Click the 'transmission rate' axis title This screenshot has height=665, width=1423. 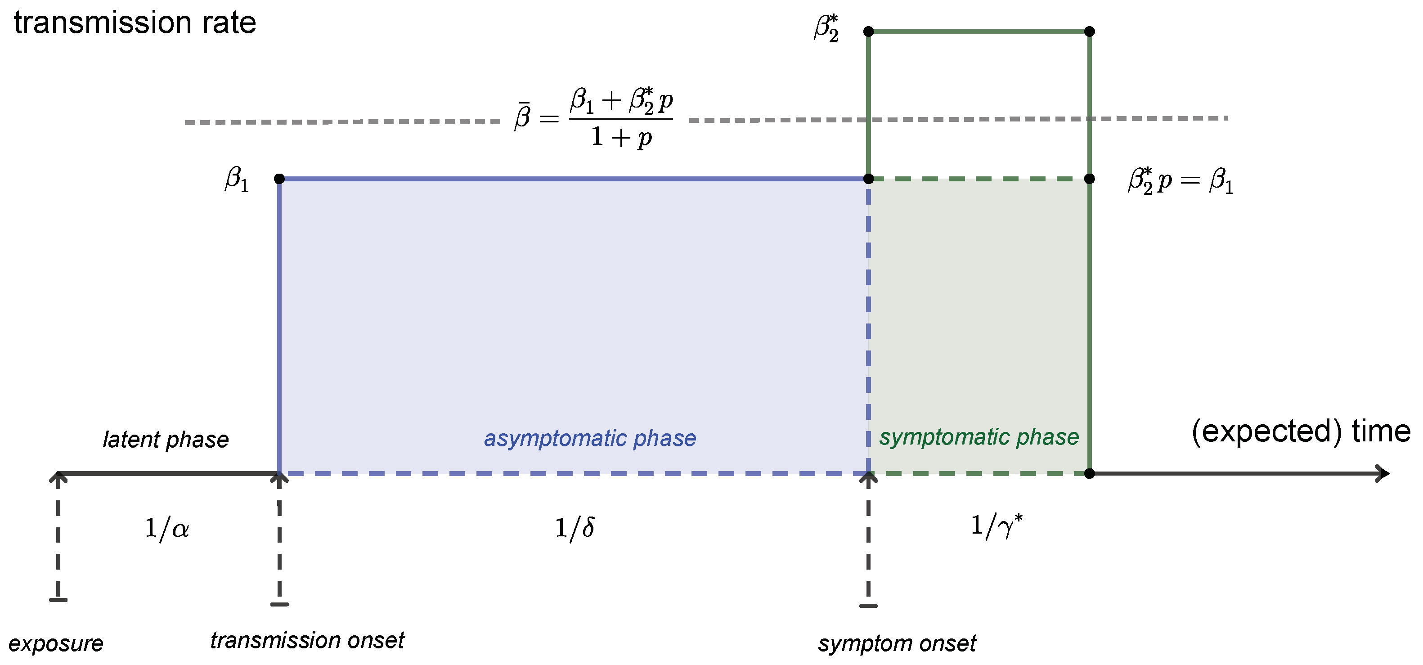pyautogui.click(x=135, y=23)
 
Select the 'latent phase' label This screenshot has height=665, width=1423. pyautogui.click(x=166, y=440)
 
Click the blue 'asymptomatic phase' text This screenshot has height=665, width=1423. pyautogui.click(x=589, y=439)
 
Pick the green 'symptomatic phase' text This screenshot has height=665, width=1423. pyautogui.click(x=979, y=437)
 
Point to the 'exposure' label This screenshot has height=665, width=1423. pyautogui.click(x=56, y=644)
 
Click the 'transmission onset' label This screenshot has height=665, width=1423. pyautogui.click(x=307, y=641)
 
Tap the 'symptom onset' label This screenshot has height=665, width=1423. pyautogui.click(x=897, y=644)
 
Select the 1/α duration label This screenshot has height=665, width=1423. pyautogui.click(x=166, y=529)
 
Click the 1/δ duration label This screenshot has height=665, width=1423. pyautogui.click(x=575, y=529)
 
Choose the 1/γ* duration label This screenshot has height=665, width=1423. pyautogui.click(x=996, y=526)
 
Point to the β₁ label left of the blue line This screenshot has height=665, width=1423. pyautogui.click(x=237, y=180)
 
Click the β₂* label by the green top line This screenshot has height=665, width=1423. pyautogui.click(x=826, y=29)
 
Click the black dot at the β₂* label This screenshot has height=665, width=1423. pyautogui.click(x=868, y=31)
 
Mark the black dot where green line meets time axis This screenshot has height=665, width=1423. pyautogui.click(x=1089, y=474)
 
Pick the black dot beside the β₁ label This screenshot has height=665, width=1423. pyautogui.click(x=279, y=179)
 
